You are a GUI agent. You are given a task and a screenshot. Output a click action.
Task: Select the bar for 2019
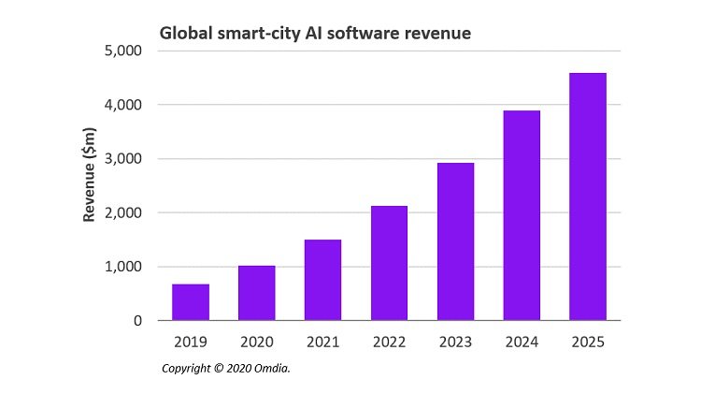191,302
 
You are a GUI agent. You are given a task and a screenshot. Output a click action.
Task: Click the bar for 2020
256,293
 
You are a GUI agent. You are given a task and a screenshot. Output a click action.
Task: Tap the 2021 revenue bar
322,280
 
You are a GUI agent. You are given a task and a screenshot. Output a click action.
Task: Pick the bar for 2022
389,263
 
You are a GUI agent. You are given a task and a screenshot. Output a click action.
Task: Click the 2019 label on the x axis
191,342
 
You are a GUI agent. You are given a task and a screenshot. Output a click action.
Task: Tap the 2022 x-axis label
389,342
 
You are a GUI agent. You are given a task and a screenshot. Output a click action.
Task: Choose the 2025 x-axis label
587,342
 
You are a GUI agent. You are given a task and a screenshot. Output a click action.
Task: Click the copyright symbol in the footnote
219,369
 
